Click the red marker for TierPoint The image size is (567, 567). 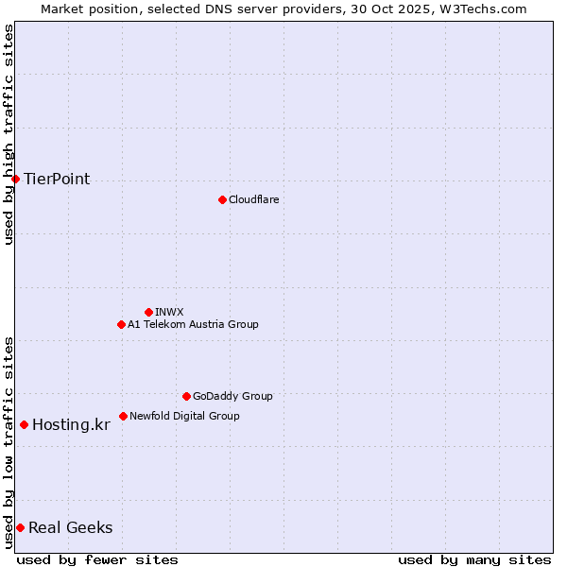15,179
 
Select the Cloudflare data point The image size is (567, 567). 222,199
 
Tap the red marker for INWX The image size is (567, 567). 148,312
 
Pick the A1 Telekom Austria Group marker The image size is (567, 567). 121,324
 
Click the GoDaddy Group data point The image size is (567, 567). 186,396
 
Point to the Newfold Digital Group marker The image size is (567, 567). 123,416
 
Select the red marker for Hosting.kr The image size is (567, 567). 24,424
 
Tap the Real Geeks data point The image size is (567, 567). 20,527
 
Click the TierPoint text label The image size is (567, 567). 57,179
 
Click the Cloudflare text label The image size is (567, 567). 253,199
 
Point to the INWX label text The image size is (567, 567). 169,312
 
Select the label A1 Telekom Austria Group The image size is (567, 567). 193,324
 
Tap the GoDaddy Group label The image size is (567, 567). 232,396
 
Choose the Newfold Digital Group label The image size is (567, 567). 184,416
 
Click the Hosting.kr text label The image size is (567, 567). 71,424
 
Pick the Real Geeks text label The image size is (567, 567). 70,527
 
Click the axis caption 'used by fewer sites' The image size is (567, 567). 97,559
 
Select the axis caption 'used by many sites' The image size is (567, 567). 474,559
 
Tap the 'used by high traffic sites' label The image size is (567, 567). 9,134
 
